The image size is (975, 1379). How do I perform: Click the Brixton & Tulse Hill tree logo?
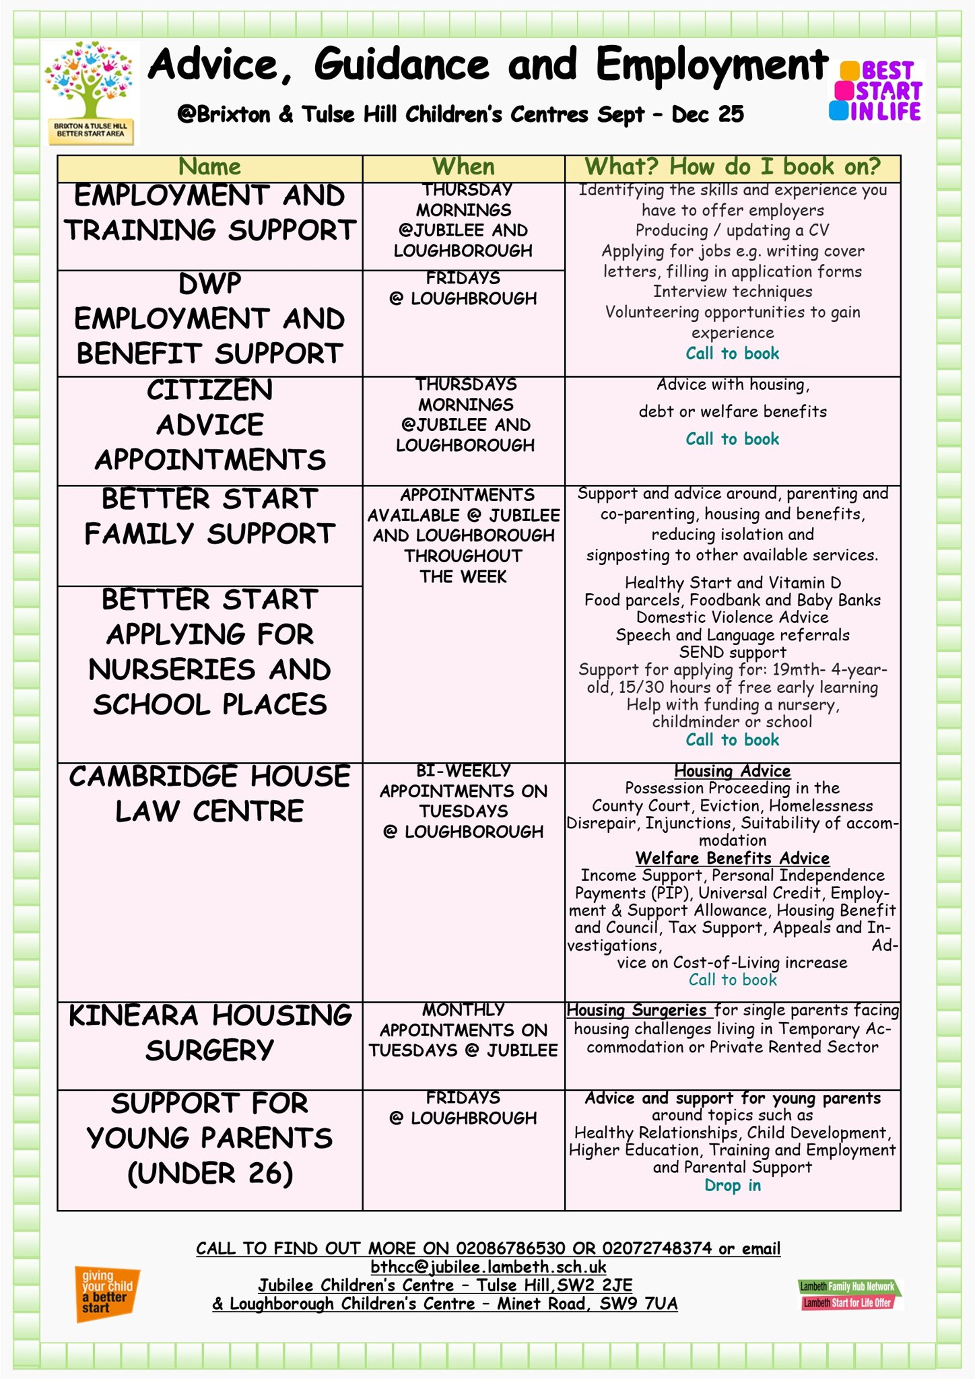(x=91, y=93)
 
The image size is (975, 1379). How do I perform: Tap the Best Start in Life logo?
(x=876, y=91)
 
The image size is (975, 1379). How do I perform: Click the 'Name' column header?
(x=209, y=167)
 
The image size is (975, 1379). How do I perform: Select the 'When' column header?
(x=463, y=167)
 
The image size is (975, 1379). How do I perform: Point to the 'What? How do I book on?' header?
(x=733, y=167)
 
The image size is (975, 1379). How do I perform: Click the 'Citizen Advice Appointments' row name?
(x=209, y=425)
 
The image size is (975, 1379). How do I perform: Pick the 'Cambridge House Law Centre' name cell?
(x=209, y=794)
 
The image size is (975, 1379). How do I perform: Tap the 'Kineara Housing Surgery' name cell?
(x=209, y=1033)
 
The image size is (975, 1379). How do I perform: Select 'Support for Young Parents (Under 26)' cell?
(x=209, y=1138)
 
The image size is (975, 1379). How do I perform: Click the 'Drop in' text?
(x=733, y=1186)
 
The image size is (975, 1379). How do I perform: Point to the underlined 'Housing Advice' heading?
(x=733, y=771)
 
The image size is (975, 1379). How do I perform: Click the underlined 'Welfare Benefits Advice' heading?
(x=733, y=859)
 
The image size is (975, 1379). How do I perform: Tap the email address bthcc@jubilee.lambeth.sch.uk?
(x=488, y=1267)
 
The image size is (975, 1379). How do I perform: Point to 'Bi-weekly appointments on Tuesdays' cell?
(x=463, y=801)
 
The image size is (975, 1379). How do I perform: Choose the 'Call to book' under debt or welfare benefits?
(x=733, y=439)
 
